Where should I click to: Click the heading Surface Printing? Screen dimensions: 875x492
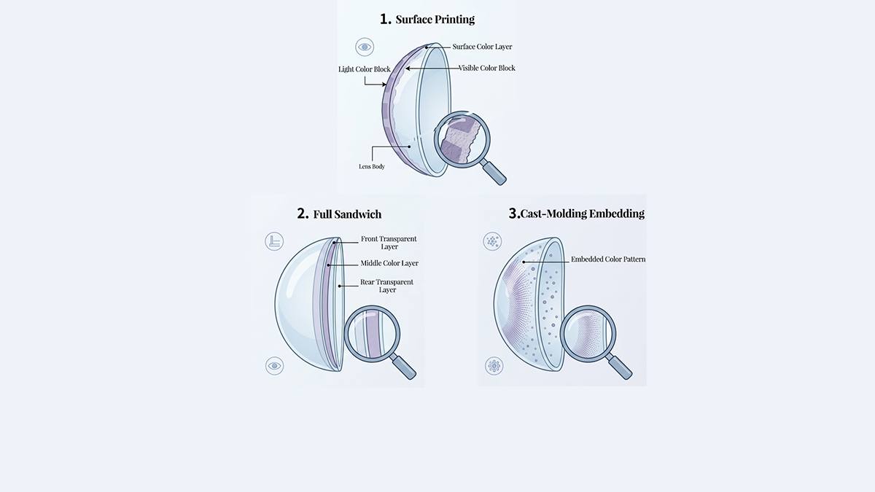click(435, 19)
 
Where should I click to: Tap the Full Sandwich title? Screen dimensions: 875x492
click(347, 214)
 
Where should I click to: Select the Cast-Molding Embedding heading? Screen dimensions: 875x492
click(583, 213)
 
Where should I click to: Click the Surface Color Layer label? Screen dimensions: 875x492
click(482, 47)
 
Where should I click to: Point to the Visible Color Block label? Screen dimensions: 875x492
click(487, 68)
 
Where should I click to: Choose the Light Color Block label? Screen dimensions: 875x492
click(365, 69)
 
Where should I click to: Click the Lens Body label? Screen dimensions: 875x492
click(372, 166)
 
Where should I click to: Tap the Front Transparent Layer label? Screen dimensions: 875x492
click(389, 243)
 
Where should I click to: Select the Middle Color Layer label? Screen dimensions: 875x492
click(389, 263)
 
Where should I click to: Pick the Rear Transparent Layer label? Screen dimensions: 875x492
click(386, 286)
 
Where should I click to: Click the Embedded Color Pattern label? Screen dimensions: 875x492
click(608, 259)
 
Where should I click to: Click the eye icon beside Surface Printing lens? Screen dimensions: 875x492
click(365, 47)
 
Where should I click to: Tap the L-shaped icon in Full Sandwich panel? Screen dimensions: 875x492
click(274, 241)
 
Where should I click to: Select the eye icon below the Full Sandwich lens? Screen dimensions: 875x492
click(275, 366)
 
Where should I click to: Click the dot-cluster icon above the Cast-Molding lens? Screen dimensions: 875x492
click(492, 241)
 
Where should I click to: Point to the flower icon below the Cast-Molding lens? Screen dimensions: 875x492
click(494, 366)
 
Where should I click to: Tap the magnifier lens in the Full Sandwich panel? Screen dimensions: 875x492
click(372, 334)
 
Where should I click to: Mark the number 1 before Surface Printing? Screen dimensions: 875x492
click(385, 19)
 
